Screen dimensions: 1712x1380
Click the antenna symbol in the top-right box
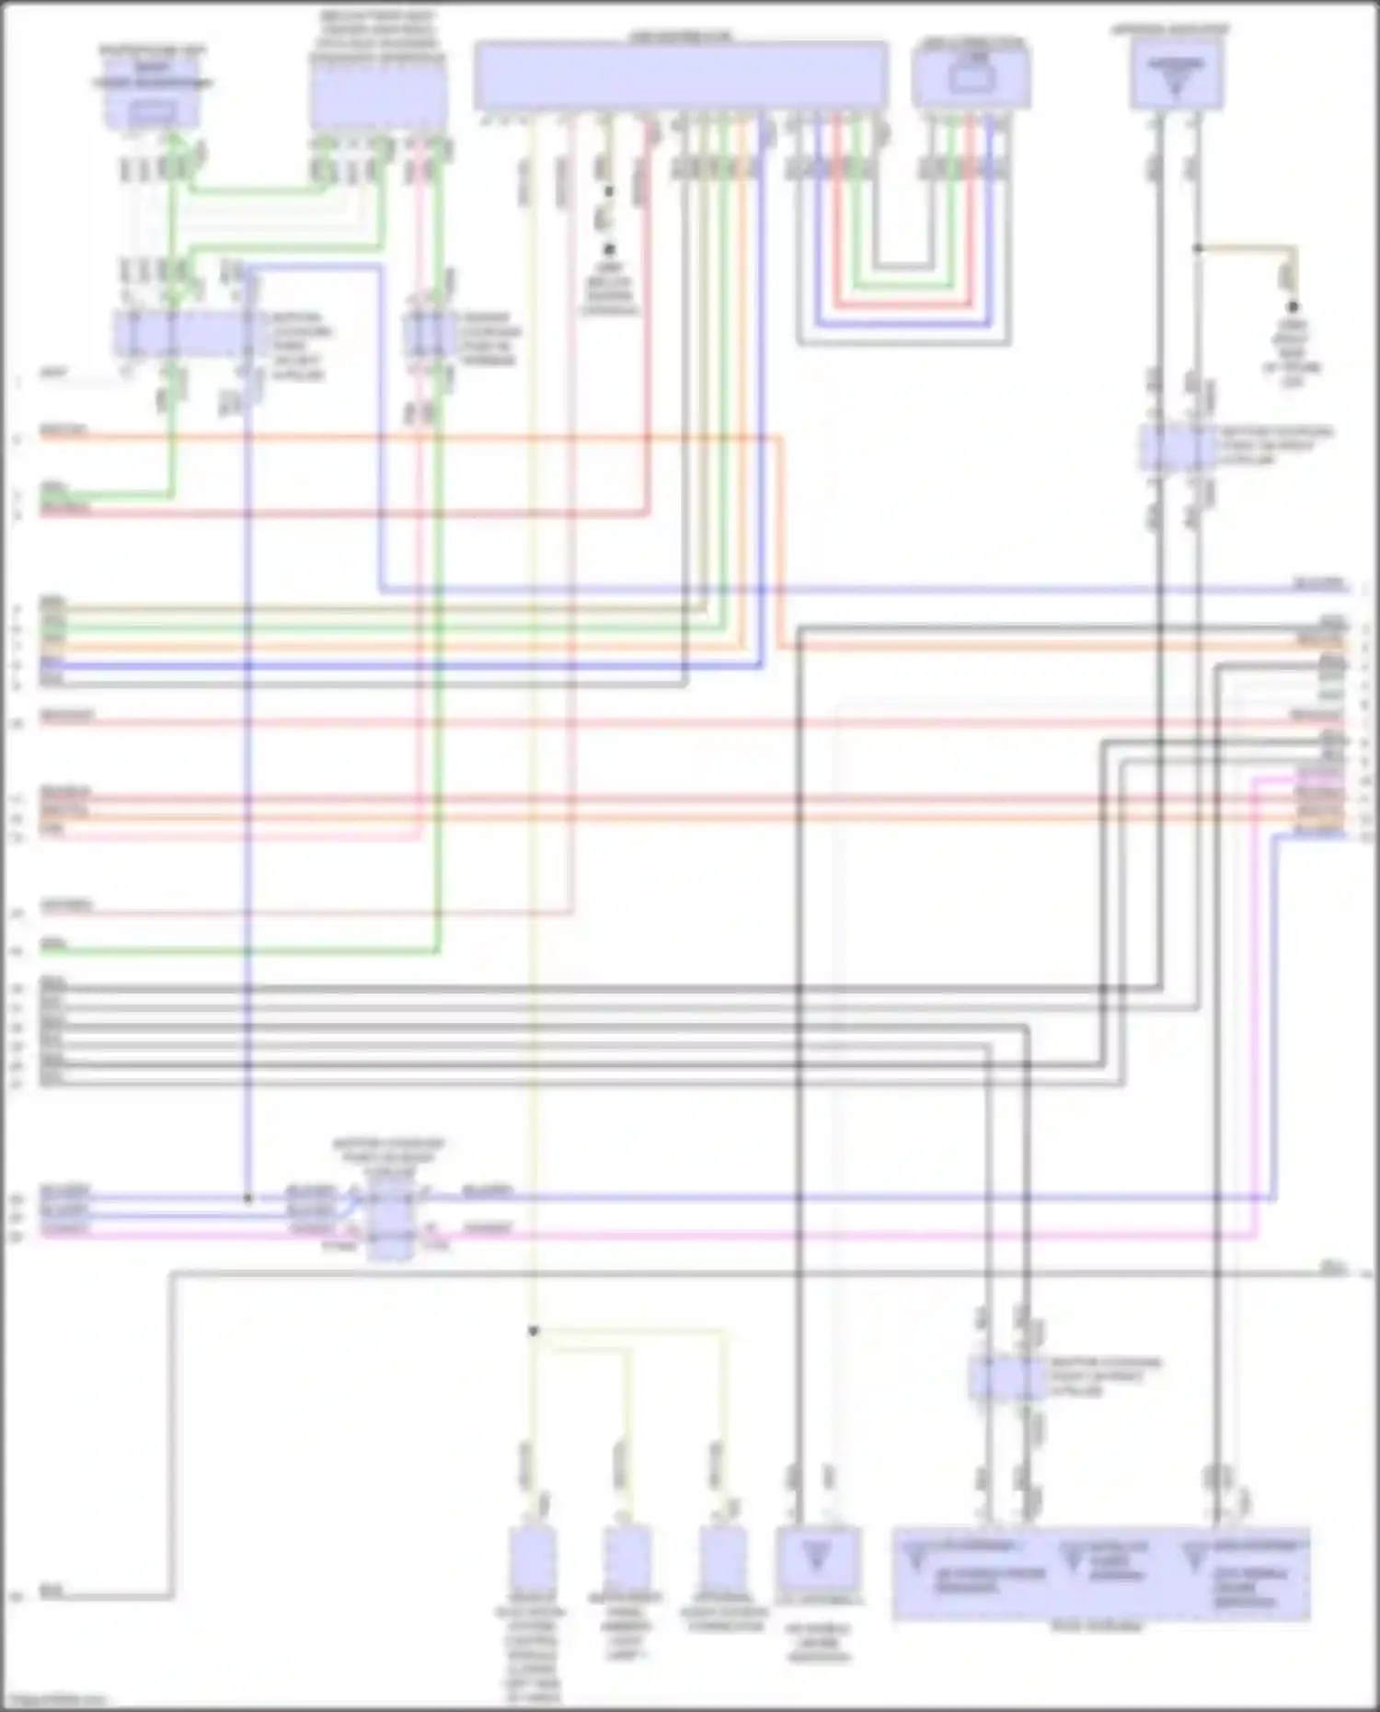pyautogui.click(x=1176, y=78)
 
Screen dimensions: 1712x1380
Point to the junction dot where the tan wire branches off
pyautogui.click(x=1197, y=248)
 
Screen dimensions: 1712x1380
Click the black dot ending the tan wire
pyautogui.click(x=1293, y=307)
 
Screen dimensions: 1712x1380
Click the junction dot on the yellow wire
pyautogui.click(x=533, y=1330)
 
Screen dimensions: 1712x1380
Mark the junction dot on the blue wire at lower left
pyautogui.click(x=247, y=1198)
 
